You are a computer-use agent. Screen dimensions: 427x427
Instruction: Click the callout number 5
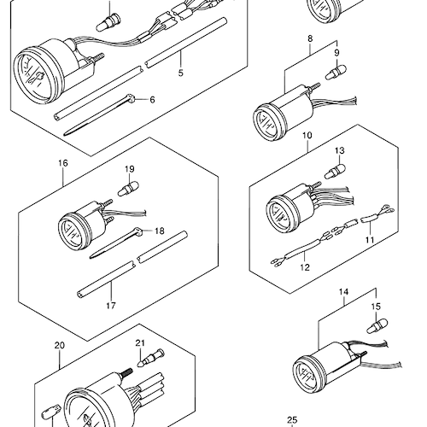pos(181,73)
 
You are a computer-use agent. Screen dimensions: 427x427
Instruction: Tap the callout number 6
pos(152,100)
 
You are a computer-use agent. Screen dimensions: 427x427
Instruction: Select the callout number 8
pos(310,38)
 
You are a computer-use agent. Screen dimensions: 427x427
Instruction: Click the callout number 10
pos(307,135)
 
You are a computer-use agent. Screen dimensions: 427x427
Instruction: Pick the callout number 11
pos(370,240)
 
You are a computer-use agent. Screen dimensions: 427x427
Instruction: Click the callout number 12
pos(305,267)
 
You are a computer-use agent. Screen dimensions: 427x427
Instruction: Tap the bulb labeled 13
pos(336,171)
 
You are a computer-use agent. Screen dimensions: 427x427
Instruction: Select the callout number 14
pos(343,292)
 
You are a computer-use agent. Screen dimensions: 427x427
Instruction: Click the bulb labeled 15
pos(377,326)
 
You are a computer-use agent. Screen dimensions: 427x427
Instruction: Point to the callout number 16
pos(63,163)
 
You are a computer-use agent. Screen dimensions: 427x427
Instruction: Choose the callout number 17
pos(111,306)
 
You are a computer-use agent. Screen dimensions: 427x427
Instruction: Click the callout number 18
pos(160,231)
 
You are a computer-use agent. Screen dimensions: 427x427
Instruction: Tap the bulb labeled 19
pos(128,189)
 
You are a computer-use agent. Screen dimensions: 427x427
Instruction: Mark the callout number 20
pos(59,346)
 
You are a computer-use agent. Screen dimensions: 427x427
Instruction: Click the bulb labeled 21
pos(150,358)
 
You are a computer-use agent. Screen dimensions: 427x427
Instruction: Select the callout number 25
pos(292,420)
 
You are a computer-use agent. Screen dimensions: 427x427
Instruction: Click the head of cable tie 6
pos(130,98)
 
